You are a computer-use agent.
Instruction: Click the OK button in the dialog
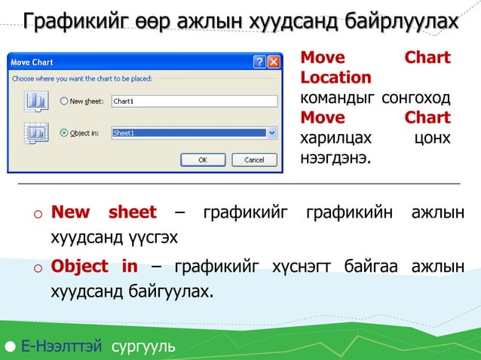tap(202, 160)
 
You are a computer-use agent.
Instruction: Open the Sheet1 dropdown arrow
tap(272, 133)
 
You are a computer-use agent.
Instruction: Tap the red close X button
tap(274, 62)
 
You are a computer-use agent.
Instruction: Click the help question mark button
tap(260, 62)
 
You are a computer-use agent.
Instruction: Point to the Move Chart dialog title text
tap(32, 63)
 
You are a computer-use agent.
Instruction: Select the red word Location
tap(335, 78)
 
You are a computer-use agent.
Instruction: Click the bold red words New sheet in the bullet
tap(103, 212)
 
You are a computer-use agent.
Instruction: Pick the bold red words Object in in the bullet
tap(94, 267)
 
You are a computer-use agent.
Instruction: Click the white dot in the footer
tap(9, 347)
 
